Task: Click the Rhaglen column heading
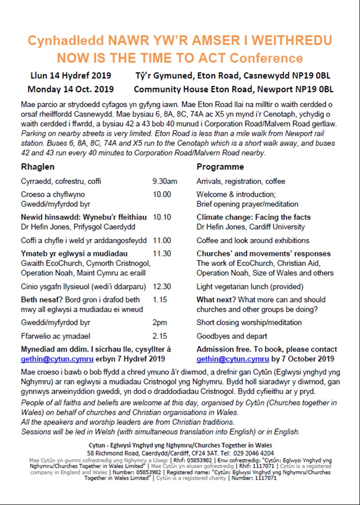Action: [38, 167]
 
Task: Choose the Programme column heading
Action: [220, 167]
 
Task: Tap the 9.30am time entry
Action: [164, 181]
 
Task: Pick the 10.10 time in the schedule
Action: [161, 217]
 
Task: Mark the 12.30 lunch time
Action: [161, 287]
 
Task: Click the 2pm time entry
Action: [159, 322]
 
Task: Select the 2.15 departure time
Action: [159, 336]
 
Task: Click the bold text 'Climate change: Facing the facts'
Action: [253, 217]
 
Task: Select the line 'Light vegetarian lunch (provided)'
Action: [249, 287]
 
